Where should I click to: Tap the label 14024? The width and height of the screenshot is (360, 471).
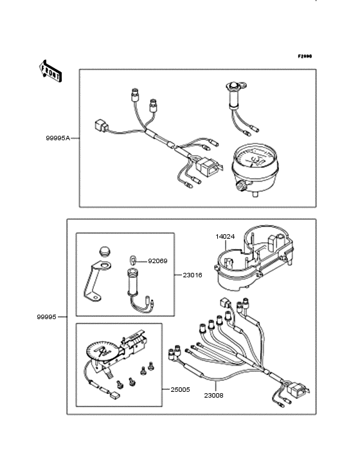coord(225,236)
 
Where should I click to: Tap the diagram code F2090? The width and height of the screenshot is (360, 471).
coord(304,57)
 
